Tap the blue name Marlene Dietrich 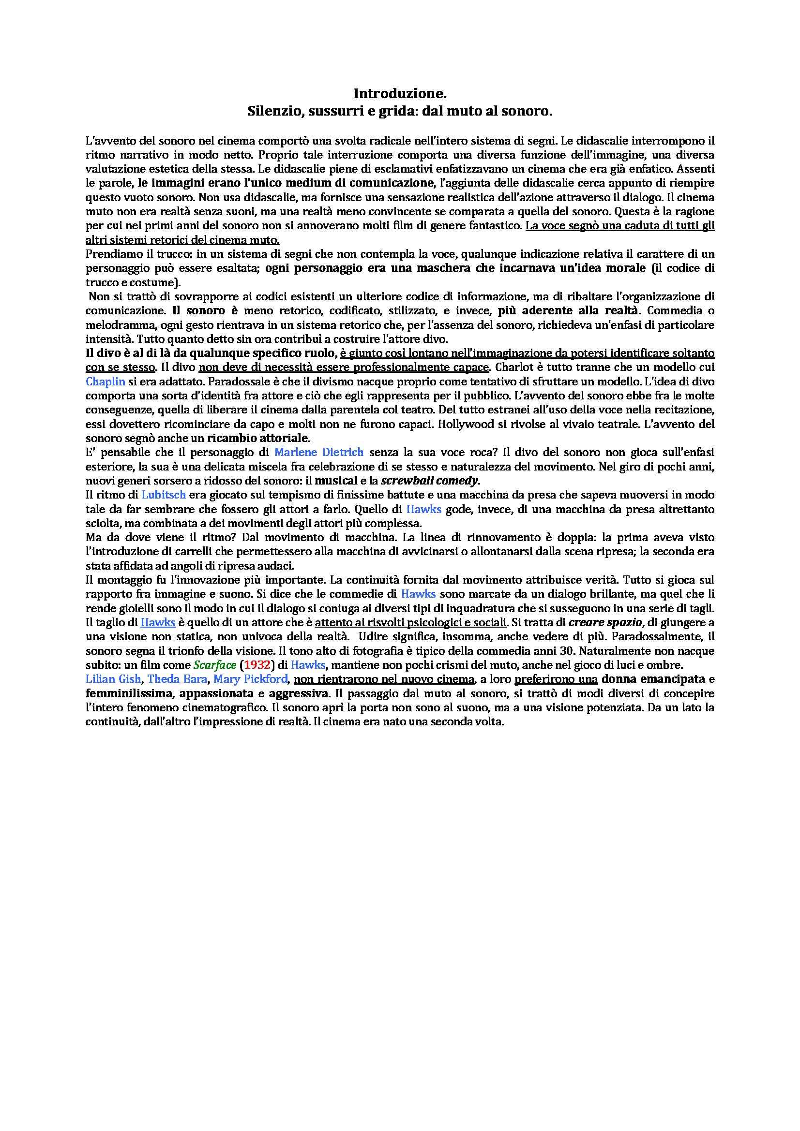[x=318, y=452]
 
